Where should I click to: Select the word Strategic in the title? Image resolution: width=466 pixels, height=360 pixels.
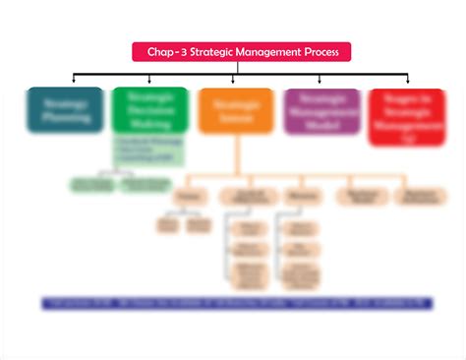(217, 52)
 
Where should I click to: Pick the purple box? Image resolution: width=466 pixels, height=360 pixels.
(321, 110)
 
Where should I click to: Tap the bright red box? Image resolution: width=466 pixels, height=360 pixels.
(405, 116)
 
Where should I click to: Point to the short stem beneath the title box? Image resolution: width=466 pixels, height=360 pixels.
(241, 67)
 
